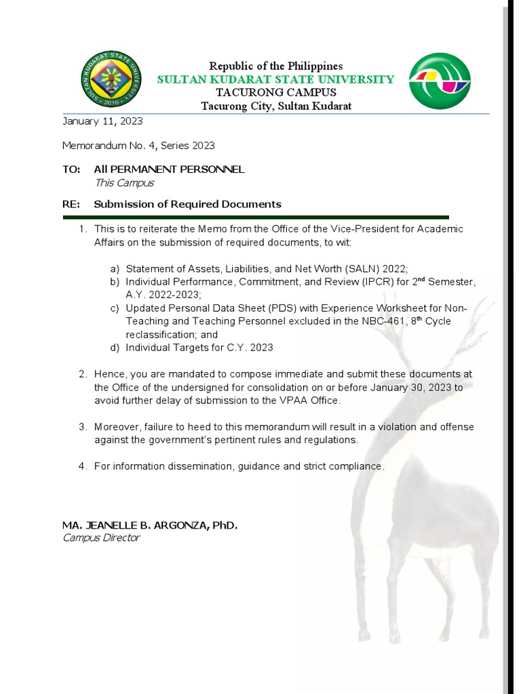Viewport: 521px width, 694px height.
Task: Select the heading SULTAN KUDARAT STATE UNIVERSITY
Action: [x=275, y=79]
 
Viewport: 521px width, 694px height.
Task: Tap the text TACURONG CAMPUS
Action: [x=275, y=92]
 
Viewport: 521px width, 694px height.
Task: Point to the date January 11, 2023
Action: [x=102, y=121]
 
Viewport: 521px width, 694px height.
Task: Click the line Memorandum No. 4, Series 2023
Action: [x=138, y=145]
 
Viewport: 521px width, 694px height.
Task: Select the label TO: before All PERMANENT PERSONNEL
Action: [x=71, y=169]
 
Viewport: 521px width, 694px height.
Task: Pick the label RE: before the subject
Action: [x=71, y=204]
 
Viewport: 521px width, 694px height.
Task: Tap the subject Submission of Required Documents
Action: [x=187, y=204]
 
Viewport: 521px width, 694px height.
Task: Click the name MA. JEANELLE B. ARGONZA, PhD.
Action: [x=150, y=525]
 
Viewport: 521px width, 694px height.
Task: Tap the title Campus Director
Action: [x=101, y=537]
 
